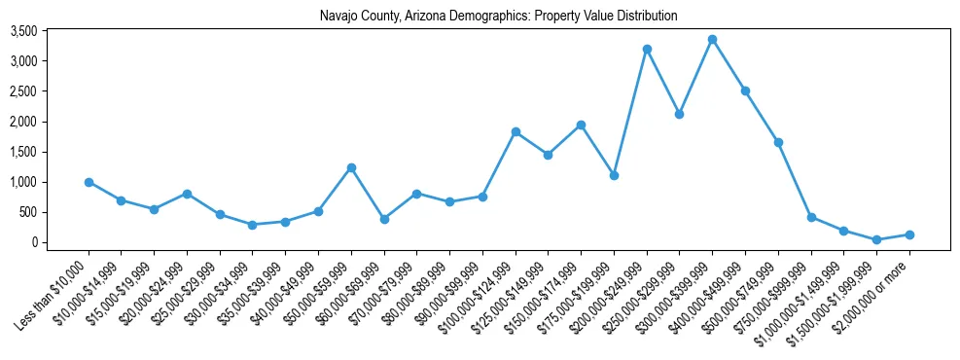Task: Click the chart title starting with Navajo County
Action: point(498,16)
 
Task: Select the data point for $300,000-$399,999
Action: point(712,40)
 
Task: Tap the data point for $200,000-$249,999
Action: point(647,49)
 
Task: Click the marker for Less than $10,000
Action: point(89,182)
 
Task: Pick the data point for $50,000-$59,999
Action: point(351,167)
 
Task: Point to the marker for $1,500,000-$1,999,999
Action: point(876,239)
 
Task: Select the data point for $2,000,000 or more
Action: point(909,234)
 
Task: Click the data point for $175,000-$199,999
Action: point(614,175)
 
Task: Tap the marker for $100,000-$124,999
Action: point(516,131)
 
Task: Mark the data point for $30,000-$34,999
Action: point(253,225)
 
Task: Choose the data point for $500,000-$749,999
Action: point(778,142)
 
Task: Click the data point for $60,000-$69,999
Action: point(384,219)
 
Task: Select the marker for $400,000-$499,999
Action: point(745,90)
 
